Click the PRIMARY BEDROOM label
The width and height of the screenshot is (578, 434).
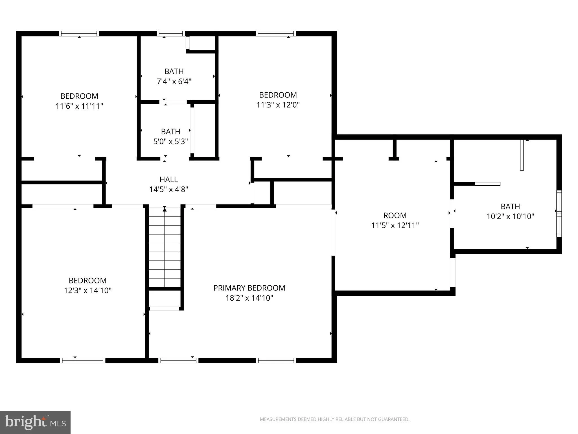[249, 288]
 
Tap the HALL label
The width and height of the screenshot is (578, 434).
[169, 179]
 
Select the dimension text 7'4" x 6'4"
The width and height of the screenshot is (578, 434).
[174, 81]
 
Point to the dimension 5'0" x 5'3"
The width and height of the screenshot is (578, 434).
[171, 141]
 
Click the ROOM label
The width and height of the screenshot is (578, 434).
[395, 216]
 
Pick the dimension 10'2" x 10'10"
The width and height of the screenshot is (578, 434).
[511, 216]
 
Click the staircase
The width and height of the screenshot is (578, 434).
[165, 247]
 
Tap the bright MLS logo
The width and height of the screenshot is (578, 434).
[35, 422]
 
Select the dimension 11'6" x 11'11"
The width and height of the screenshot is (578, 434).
[79, 106]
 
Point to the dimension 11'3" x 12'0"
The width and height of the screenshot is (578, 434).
[278, 105]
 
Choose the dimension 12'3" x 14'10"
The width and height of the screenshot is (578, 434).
[88, 290]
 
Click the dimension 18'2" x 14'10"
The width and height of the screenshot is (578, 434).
[249, 298]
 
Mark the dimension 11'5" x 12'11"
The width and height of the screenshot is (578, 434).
[395, 225]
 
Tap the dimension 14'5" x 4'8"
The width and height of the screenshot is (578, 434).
[169, 189]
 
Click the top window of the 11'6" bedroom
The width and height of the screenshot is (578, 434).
[79, 34]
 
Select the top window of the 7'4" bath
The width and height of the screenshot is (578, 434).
[171, 34]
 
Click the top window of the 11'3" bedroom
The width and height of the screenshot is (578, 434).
[276, 34]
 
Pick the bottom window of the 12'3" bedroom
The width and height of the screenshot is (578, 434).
[83, 360]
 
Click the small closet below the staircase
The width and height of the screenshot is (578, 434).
[165, 299]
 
